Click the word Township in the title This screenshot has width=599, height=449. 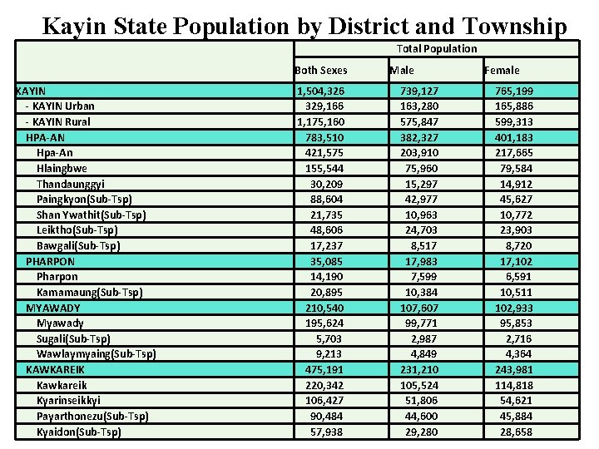(x=512, y=27)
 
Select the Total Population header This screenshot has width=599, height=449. (x=437, y=49)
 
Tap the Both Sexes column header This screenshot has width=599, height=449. (x=321, y=71)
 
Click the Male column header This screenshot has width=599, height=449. (x=402, y=71)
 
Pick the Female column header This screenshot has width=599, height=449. (x=502, y=71)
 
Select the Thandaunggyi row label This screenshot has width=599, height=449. (x=71, y=184)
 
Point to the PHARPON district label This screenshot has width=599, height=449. (x=50, y=261)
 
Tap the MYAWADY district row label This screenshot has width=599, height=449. (x=53, y=308)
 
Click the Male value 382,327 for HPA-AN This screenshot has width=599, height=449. (x=421, y=137)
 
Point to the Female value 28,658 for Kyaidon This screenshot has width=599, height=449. (x=516, y=432)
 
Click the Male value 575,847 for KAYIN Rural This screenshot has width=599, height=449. (x=421, y=121)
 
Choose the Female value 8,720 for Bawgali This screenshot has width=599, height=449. (x=518, y=246)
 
